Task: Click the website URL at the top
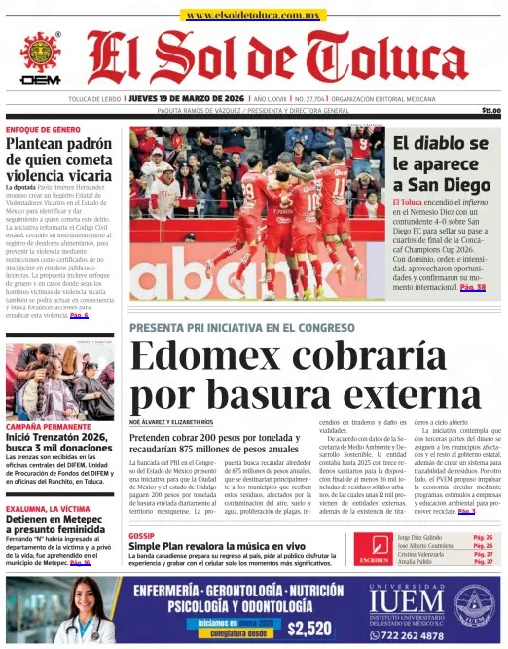click(254, 15)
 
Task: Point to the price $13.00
click(490, 111)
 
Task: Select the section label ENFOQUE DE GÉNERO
click(43, 129)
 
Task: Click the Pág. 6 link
click(73, 315)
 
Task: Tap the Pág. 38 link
click(473, 288)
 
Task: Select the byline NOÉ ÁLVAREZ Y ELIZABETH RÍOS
click(171, 422)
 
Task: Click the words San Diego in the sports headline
click(442, 184)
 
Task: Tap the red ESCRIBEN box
click(374, 552)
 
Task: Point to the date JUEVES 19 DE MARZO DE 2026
click(187, 99)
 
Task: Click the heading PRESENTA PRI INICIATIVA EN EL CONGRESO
click(242, 328)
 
